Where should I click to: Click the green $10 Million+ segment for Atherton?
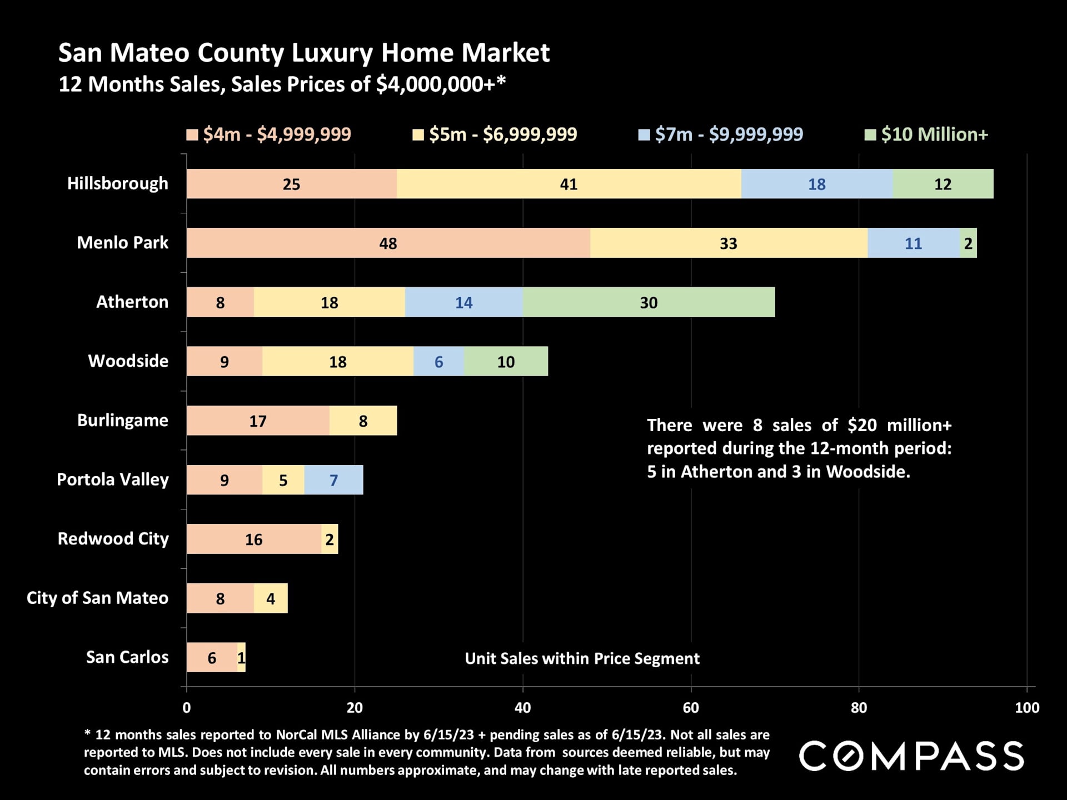[x=649, y=302]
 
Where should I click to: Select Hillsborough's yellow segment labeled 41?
[x=569, y=184]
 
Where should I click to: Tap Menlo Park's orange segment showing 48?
[x=388, y=243]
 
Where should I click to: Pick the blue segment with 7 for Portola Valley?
[x=333, y=480]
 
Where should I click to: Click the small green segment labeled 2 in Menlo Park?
[x=968, y=243]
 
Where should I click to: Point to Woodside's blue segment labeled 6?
[x=438, y=362]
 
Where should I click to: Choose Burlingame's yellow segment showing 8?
[x=363, y=421]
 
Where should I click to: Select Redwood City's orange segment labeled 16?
[x=253, y=539]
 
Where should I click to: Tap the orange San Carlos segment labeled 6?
[x=212, y=658]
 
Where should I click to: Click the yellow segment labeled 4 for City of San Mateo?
[x=271, y=598]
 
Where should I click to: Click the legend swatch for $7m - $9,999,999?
[x=644, y=135]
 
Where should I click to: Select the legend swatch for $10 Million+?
[x=870, y=135]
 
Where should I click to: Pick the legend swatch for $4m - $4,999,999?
[x=192, y=135]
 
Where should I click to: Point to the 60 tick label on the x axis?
[x=691, y=708]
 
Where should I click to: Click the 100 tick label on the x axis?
[x=1026, y=708]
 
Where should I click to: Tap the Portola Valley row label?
[x=113, y=479]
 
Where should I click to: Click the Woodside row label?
[x=128, y=361]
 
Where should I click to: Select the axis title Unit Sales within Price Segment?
[x=582, y=658]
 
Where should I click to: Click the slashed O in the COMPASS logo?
[x=848, y=756]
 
